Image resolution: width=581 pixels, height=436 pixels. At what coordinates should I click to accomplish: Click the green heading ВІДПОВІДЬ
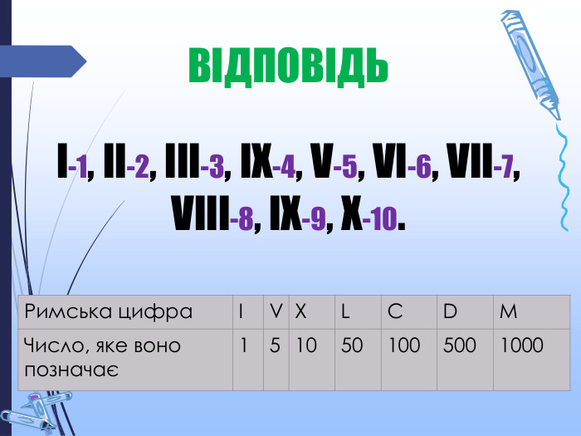(288, 65)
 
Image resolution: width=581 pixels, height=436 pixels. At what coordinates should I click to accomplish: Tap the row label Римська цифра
(109, 311)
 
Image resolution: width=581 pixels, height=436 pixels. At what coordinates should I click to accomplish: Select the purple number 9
(315, 221)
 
